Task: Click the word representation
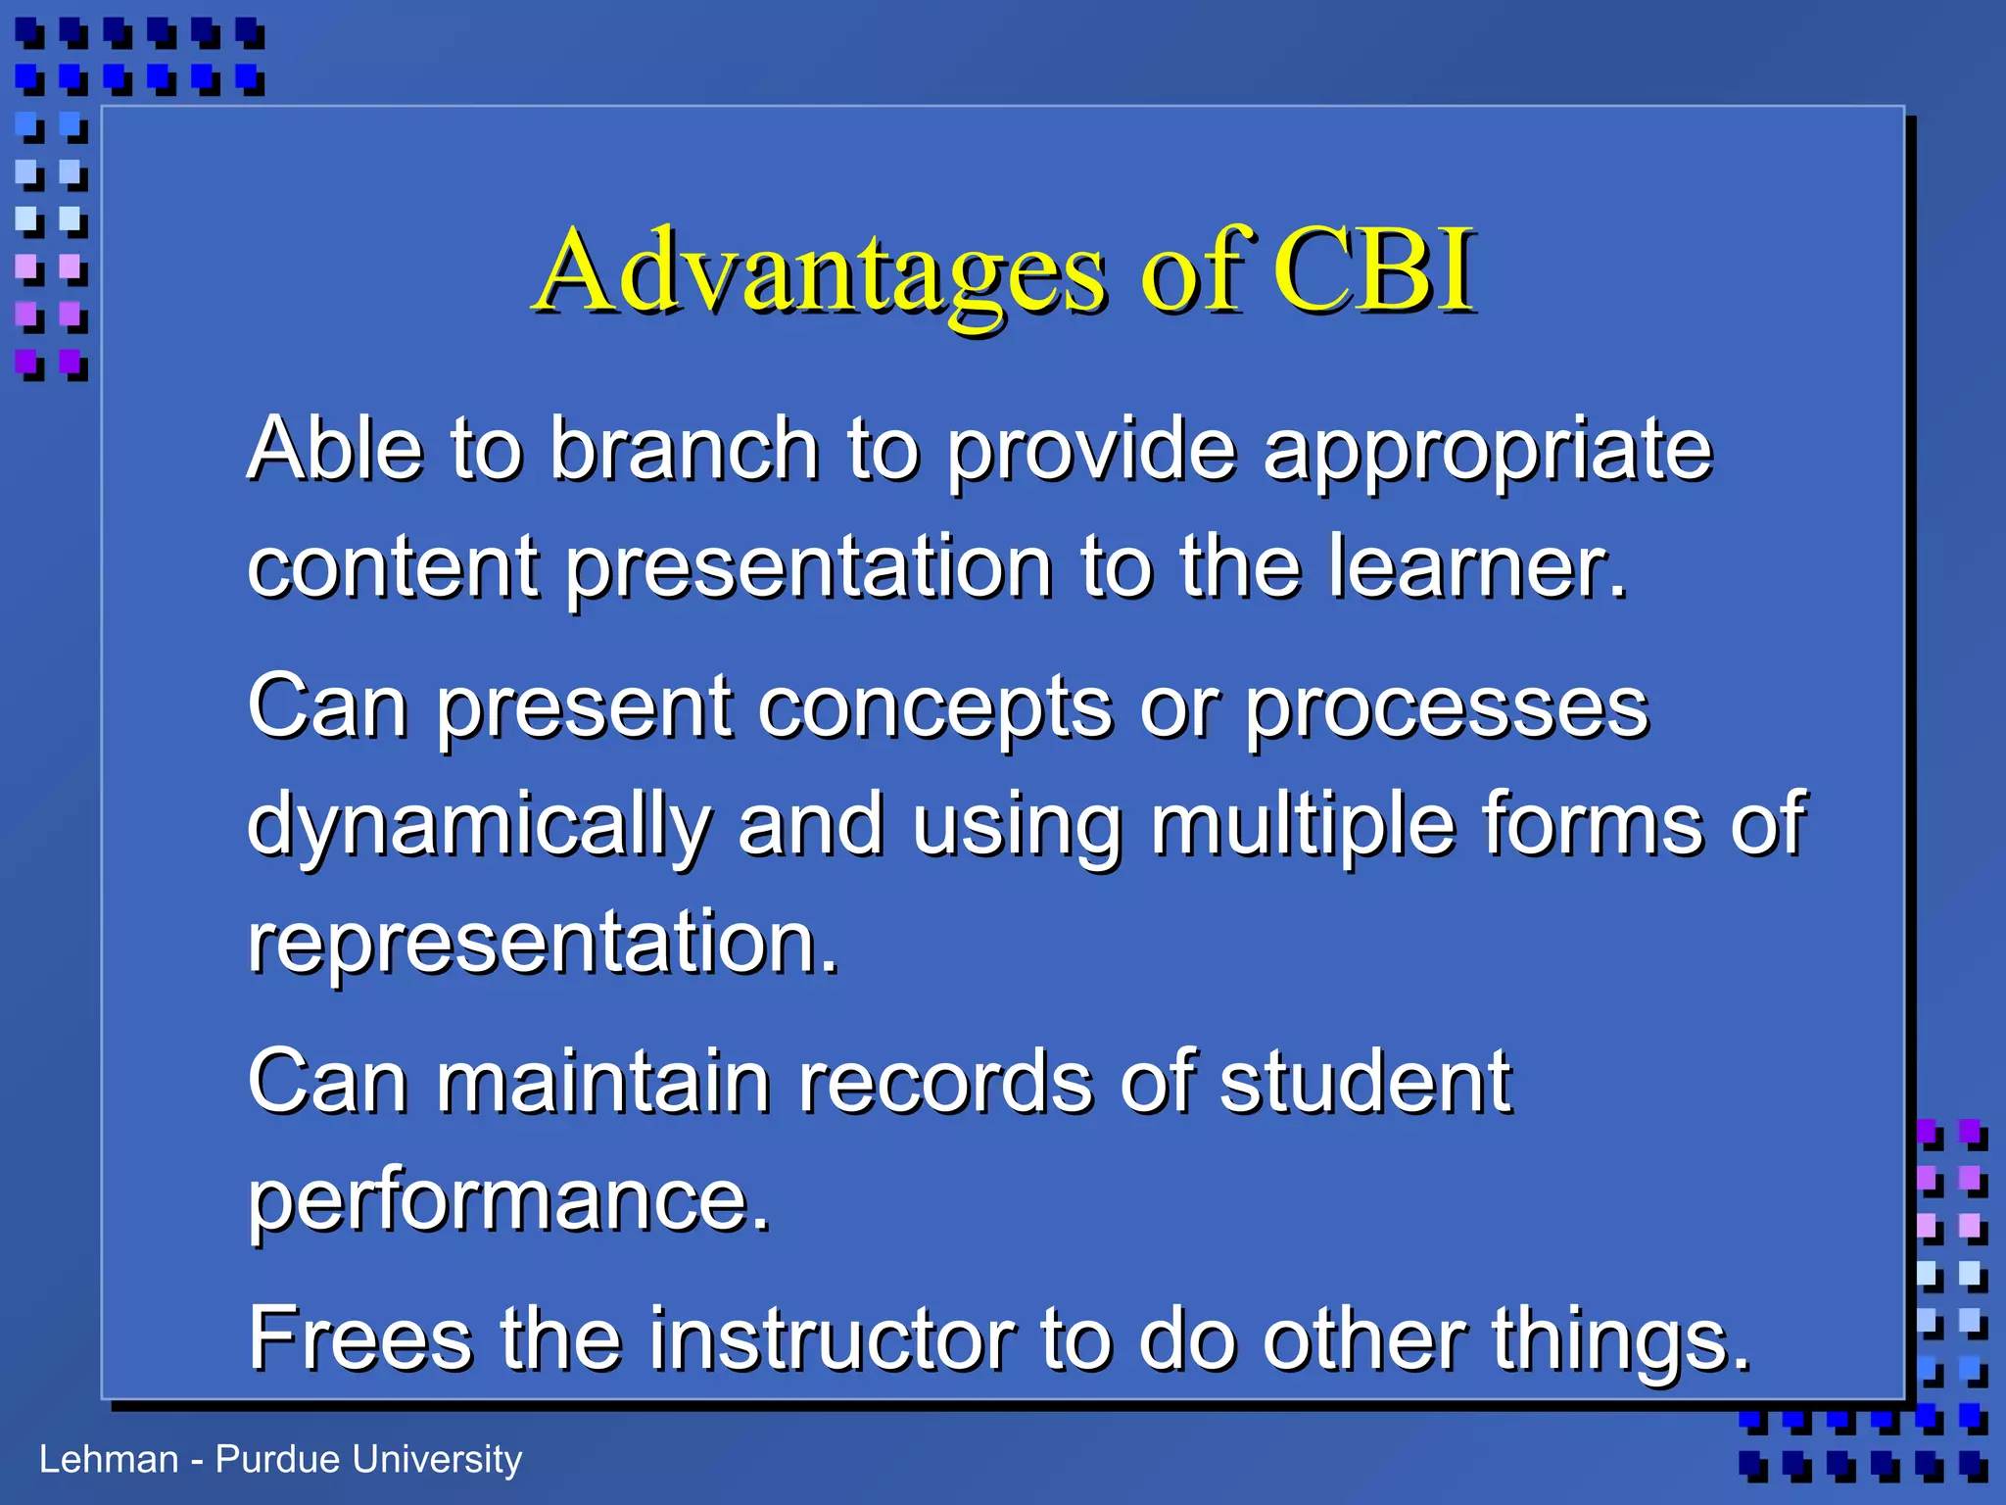coord(543,943)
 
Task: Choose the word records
coord(945,1082)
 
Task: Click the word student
coord(1365,1082)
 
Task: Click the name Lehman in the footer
coord(109,1460)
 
